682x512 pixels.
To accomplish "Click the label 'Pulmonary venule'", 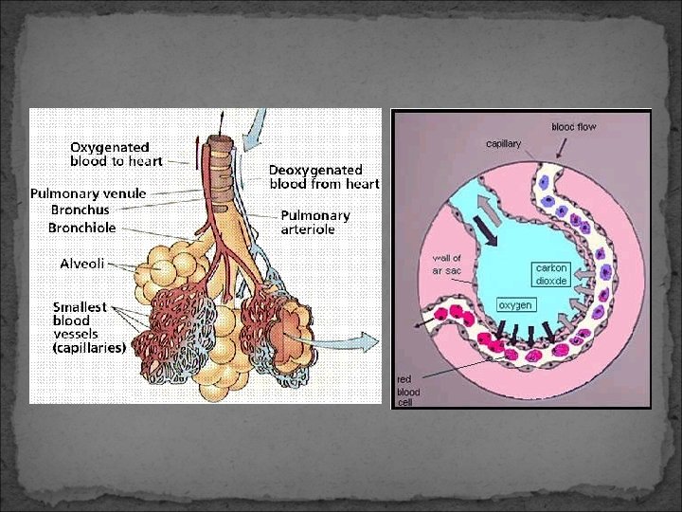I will click(88, 193).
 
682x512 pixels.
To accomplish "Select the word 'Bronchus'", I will click(80, 210).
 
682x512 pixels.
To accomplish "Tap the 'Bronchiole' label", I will click(82, 228).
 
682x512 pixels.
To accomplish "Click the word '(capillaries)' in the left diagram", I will click(89, 347).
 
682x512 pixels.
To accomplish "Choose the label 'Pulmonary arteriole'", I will click(315, 222).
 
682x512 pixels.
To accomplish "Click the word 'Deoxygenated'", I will click(315, 170).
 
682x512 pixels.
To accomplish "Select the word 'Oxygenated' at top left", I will click(109, 147).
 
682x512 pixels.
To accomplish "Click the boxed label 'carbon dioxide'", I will click(551, 274).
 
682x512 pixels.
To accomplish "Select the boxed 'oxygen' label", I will click(515, 305).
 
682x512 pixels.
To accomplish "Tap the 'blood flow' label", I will click(574, 127).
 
